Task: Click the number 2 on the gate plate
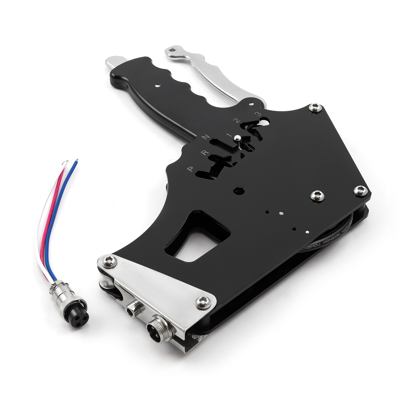(x=237, y=120)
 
